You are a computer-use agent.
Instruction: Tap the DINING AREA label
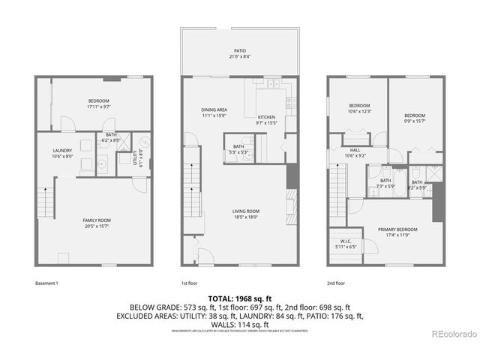pyautogui.click(x=214, y=109)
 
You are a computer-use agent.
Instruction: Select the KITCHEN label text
pyautogui.click(x=267, y=117)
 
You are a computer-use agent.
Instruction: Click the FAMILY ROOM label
pyautogui.click(x=97, y=219)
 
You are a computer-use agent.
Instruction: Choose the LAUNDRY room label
pyautogui.click(x=62, y=151)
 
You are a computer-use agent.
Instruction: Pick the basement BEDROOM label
pyautogui.click(x=98, y=101)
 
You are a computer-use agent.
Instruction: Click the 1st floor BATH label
pyautogui.click(x=238, y=146)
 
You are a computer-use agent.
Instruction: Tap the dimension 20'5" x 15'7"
pyautogui.click(x=97, y=225)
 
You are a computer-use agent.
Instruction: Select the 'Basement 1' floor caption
pyautogui.click(x=47, y=283)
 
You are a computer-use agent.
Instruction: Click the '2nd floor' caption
pyautogui.click(x=335, y=283)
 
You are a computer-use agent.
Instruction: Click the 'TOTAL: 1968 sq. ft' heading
pyautogui.click(x=239, y=297)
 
